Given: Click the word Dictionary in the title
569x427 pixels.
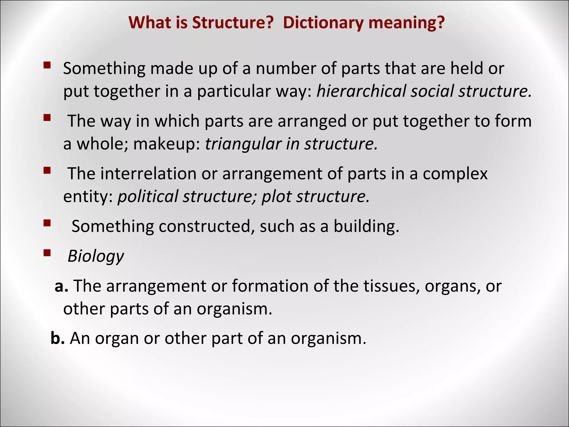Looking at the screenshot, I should tap(323, 23).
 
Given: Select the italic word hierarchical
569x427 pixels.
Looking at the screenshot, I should tap(361, 91).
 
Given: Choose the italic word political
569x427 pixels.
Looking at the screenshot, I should tap(148, 197).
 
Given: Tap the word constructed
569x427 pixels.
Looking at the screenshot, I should tap(207, 226).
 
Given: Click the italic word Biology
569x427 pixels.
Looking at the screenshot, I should tap(96, 256).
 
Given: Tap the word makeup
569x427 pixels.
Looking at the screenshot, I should tap(166, 144).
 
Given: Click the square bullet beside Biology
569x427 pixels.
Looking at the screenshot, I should tap(47, 253).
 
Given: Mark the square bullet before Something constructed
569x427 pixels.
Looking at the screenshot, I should tap(47, 223).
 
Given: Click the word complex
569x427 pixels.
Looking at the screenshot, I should tap(455, 174).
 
